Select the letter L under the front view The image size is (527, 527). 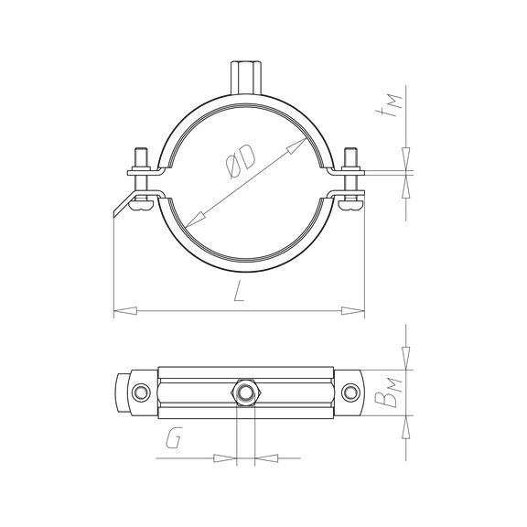[237, 292]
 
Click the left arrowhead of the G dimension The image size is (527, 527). [224, 456]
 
